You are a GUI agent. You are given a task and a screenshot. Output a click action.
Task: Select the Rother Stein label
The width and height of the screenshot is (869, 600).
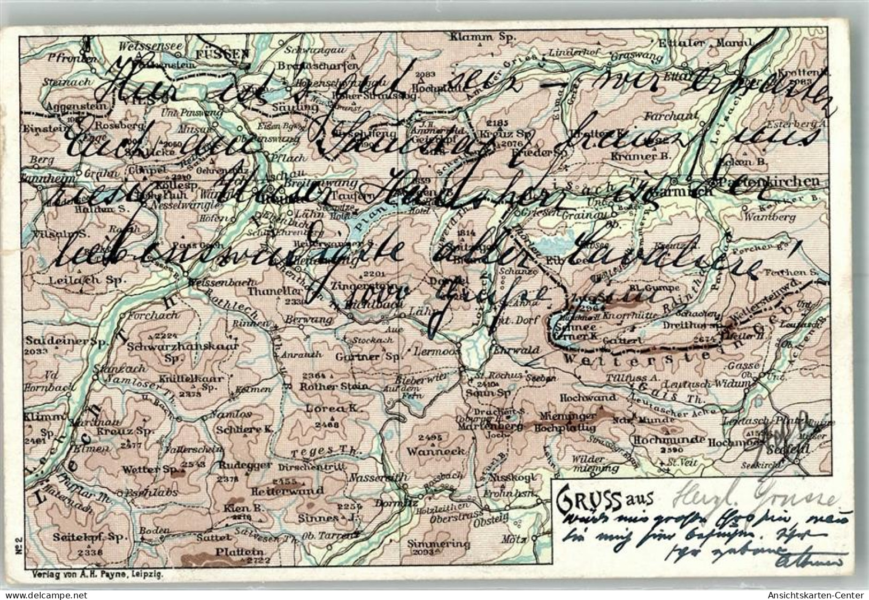click(335, 386)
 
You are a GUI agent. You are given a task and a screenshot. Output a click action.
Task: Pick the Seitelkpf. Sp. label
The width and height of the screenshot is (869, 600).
click(87, 536)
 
